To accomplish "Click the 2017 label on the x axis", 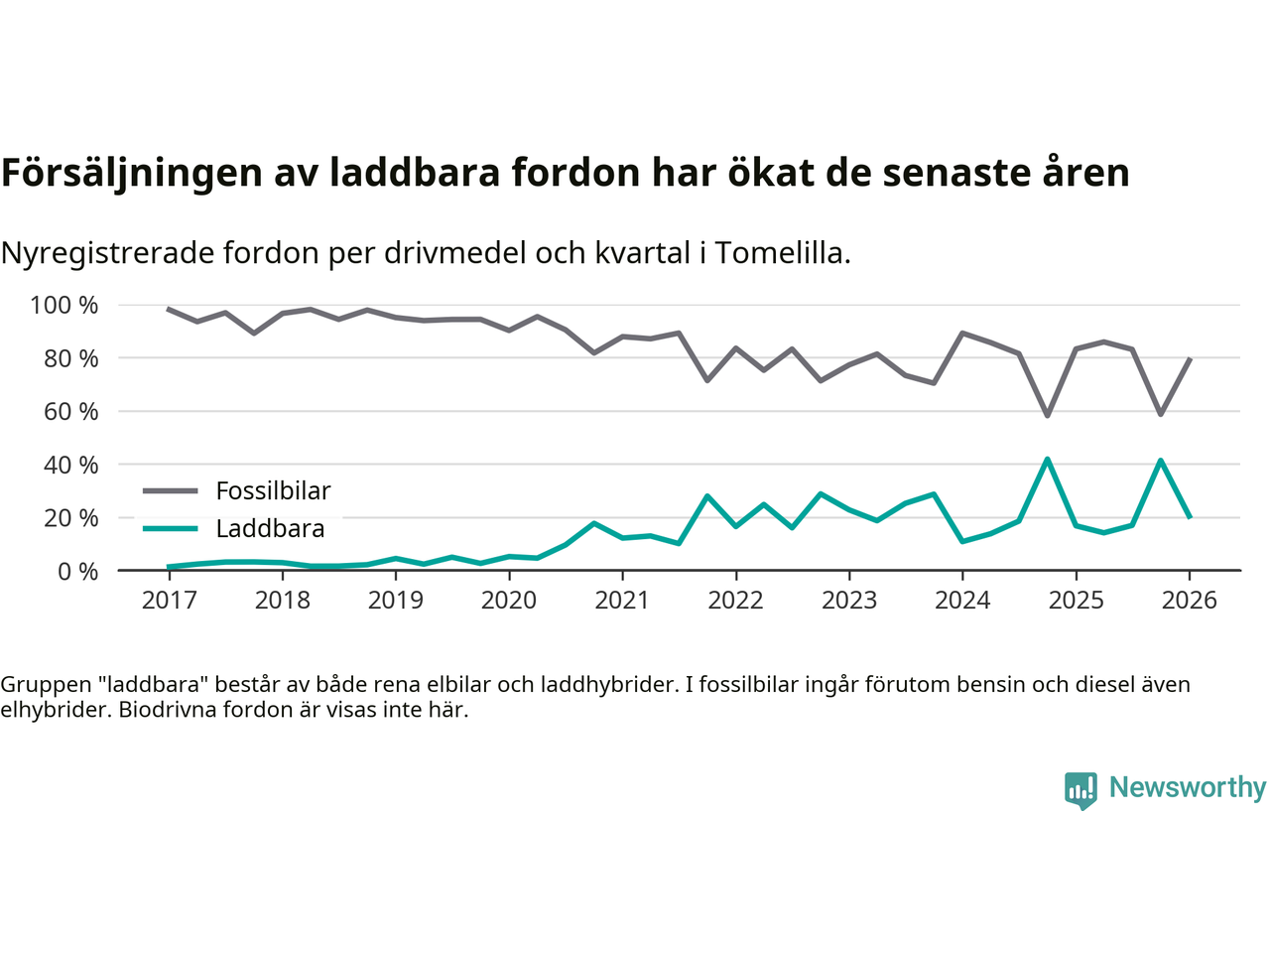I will (169, 601).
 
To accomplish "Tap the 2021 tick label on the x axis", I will (622, 601).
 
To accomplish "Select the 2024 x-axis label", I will (962, 601).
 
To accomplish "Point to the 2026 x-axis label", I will (1189, 601).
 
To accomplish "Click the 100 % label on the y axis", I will (64, 305).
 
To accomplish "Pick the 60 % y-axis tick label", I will (70, 411).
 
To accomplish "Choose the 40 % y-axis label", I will (70, 465).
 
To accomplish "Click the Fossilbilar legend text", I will (273, 490).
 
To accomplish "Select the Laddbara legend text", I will (270, 528).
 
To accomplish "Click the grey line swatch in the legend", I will (171, 490).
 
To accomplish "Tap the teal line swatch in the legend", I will (171, 528).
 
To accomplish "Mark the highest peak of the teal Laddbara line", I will (1047, 459).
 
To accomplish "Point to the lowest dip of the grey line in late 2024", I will (1047, 415).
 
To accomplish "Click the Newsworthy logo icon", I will (1080, 790).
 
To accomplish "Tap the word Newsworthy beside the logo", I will (1188, 787).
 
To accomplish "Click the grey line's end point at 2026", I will (1189, 359).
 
